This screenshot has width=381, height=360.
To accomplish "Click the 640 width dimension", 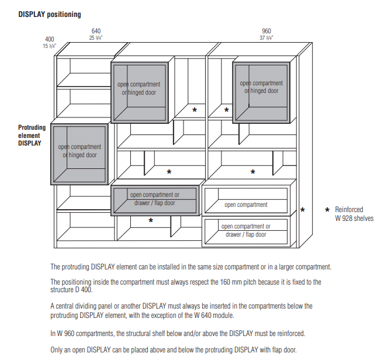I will pyautogui.click(x=95, y=30).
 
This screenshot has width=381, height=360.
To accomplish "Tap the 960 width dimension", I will pyautogui.click(x=266, y=30).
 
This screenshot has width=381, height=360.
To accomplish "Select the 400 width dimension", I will pyautogui.click(x=50, y=39).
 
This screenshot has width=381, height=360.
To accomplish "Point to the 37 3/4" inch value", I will pyautogui.click(x=266, y=37).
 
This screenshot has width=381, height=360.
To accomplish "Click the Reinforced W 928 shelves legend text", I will pyautogui.click(x=354, y=214).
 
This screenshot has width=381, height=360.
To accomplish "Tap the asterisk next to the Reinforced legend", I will pyautogui.click(x=327, y=210).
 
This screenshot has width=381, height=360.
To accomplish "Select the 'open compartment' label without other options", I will pyautogui.click(x=246, y=205).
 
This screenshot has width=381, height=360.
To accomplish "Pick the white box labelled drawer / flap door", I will pyautogui.click(x=245, y=230).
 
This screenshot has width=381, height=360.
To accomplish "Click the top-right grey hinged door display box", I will pyautogui.click(x=261, y=90).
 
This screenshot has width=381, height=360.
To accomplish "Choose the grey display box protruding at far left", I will pyautogui.click(x=79, y=153).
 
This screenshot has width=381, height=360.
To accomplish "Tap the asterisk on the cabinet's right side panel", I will pyautogui.click(x=303, y=210).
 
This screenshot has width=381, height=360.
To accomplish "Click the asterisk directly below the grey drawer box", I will pyautogui.click(x=151, y=221).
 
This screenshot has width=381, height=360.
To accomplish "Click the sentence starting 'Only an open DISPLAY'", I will pyautogui.click(x=174, y=350).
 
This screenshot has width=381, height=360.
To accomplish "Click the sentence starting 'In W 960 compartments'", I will pyautogui.click(x=178, y=333).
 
